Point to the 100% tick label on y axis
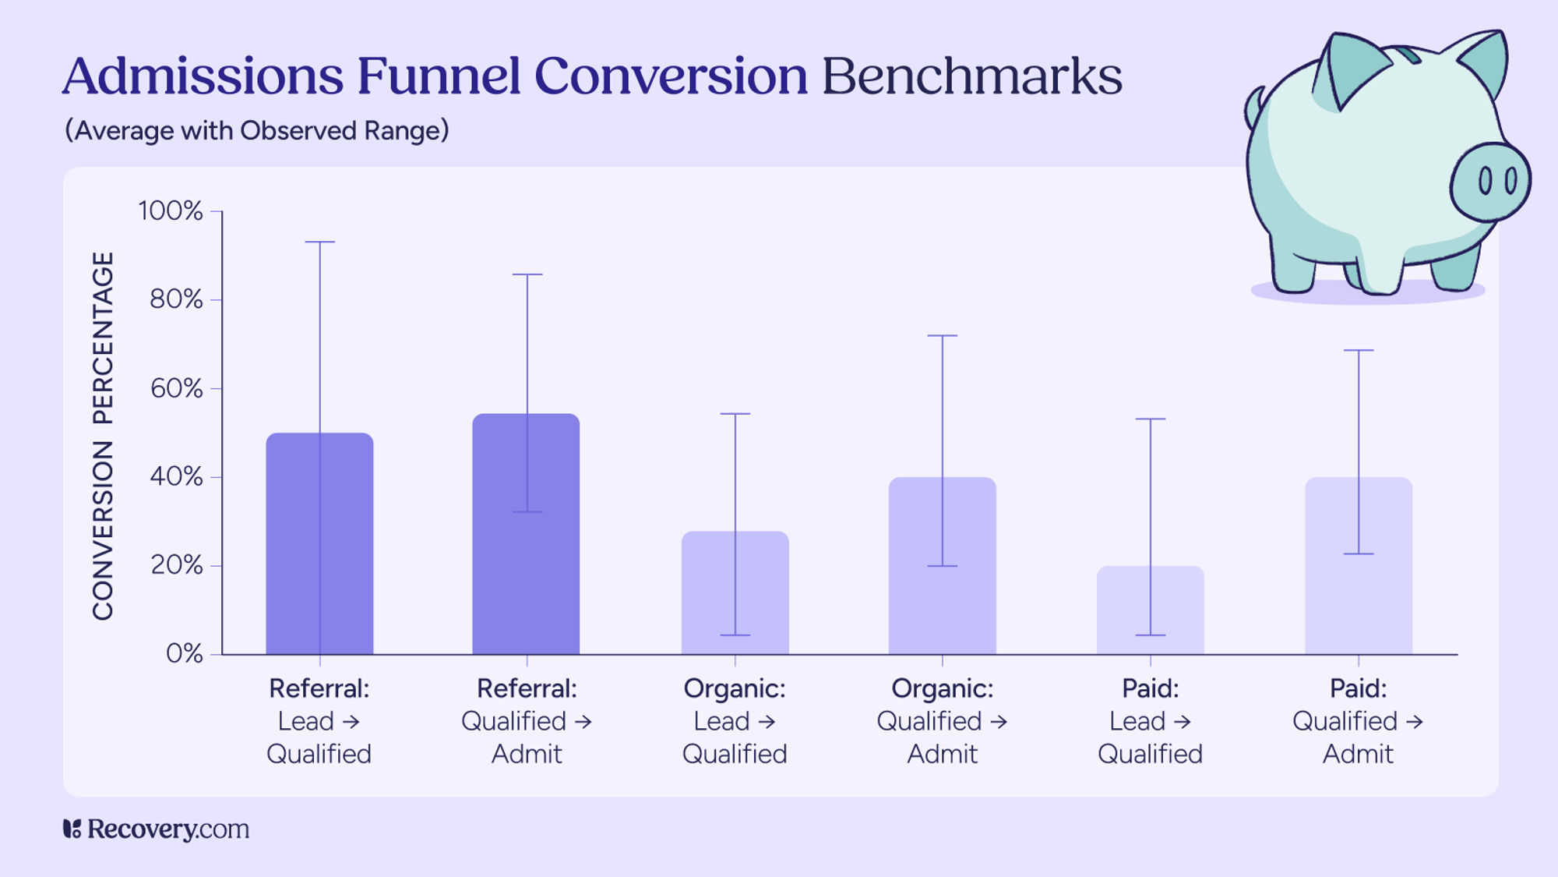point(170,211)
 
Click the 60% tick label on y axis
point(176,388)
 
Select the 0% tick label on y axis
point(184,653)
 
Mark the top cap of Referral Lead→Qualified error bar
point(319,242)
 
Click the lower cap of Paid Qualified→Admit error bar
point(1358,553)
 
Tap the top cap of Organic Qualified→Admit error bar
point(942,336)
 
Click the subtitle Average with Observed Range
point(257,130)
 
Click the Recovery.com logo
point(156,829)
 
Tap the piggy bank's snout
point(1489,182)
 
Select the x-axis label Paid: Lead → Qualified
point(1150,721)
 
